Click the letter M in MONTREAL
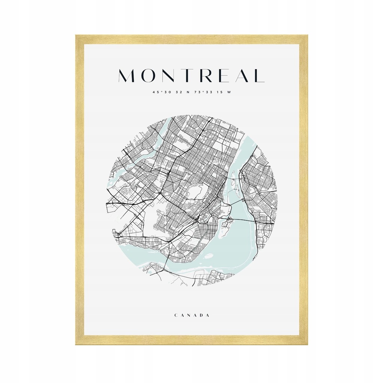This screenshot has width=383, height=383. (128, 76)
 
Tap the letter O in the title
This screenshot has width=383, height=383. (148, 76)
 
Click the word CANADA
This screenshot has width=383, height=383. (191, 315)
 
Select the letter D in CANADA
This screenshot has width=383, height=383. (201, 315)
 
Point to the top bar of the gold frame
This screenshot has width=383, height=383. (191, 40)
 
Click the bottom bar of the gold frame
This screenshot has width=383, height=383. (191, 340)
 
